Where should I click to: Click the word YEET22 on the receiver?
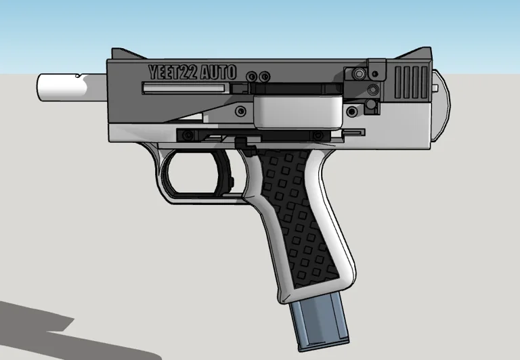[x=173, y=72]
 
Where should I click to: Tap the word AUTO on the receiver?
[x=218, y=72]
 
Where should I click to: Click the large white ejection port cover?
[x=298, y=110]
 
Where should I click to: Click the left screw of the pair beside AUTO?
[x=253, y=76]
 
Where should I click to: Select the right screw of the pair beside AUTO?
[x=265, y=76]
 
